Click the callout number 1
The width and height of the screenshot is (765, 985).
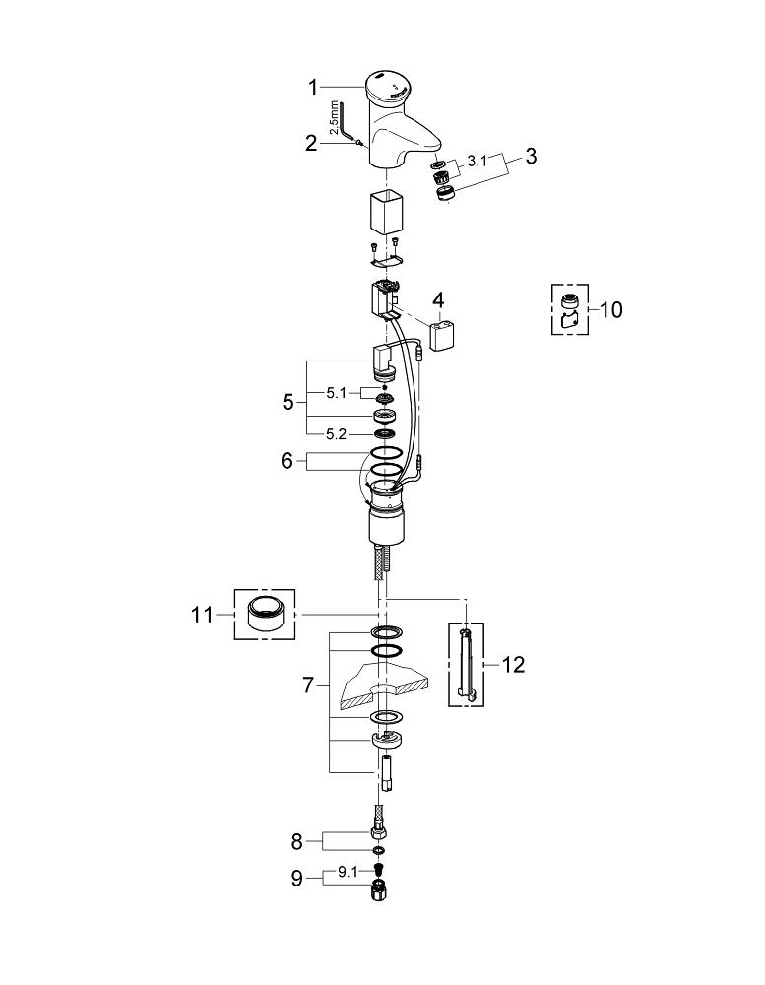click(x=313, y=88)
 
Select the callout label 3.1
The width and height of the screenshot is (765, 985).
click(x=477, y=162)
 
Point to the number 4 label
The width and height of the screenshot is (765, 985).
click(x=438, y=300)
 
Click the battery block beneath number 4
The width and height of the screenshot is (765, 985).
click(x=441, y=336)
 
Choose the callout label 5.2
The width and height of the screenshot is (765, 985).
click(x=336, y=434)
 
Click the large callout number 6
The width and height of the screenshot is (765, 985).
click(x=287, y=461)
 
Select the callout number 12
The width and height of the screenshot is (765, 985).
click(x=513, y=664)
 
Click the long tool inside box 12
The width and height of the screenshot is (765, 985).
click(x=466, y=663)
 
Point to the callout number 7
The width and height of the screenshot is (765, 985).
click(x=308, y=685)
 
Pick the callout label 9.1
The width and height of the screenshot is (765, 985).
click(x=348, y=872)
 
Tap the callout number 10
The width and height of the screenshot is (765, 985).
click(x=610, y=309)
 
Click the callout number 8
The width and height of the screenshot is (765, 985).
click(x=297, y=842)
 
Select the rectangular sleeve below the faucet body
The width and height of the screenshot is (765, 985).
click(x=383, y=213)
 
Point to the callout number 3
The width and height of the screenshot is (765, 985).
click(x=531, y=156)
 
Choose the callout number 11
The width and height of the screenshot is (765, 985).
click(x=202, y=614)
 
